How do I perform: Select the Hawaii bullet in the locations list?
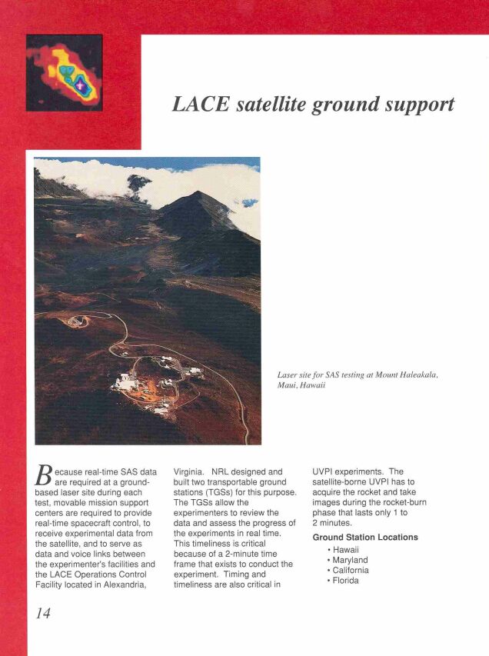click(x=344, y=550)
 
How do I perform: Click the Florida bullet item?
click(x=344, y=581)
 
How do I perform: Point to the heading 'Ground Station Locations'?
click(x=365, y=537)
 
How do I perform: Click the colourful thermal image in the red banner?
click(x=64, y=73)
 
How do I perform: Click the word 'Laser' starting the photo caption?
click(x=288, y=375)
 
